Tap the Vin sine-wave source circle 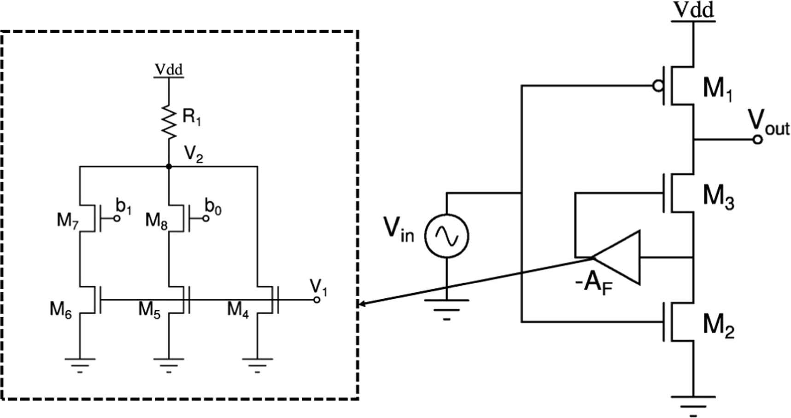click(446, 236)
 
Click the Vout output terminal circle click(757, 139)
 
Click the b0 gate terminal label click(213, 209)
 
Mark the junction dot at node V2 click(169, 166)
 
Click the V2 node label click(193, 154)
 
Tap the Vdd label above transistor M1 click(693, 10)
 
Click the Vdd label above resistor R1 click(169, 70)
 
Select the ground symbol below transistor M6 click(80, 364)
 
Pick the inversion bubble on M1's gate click(657, 86)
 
